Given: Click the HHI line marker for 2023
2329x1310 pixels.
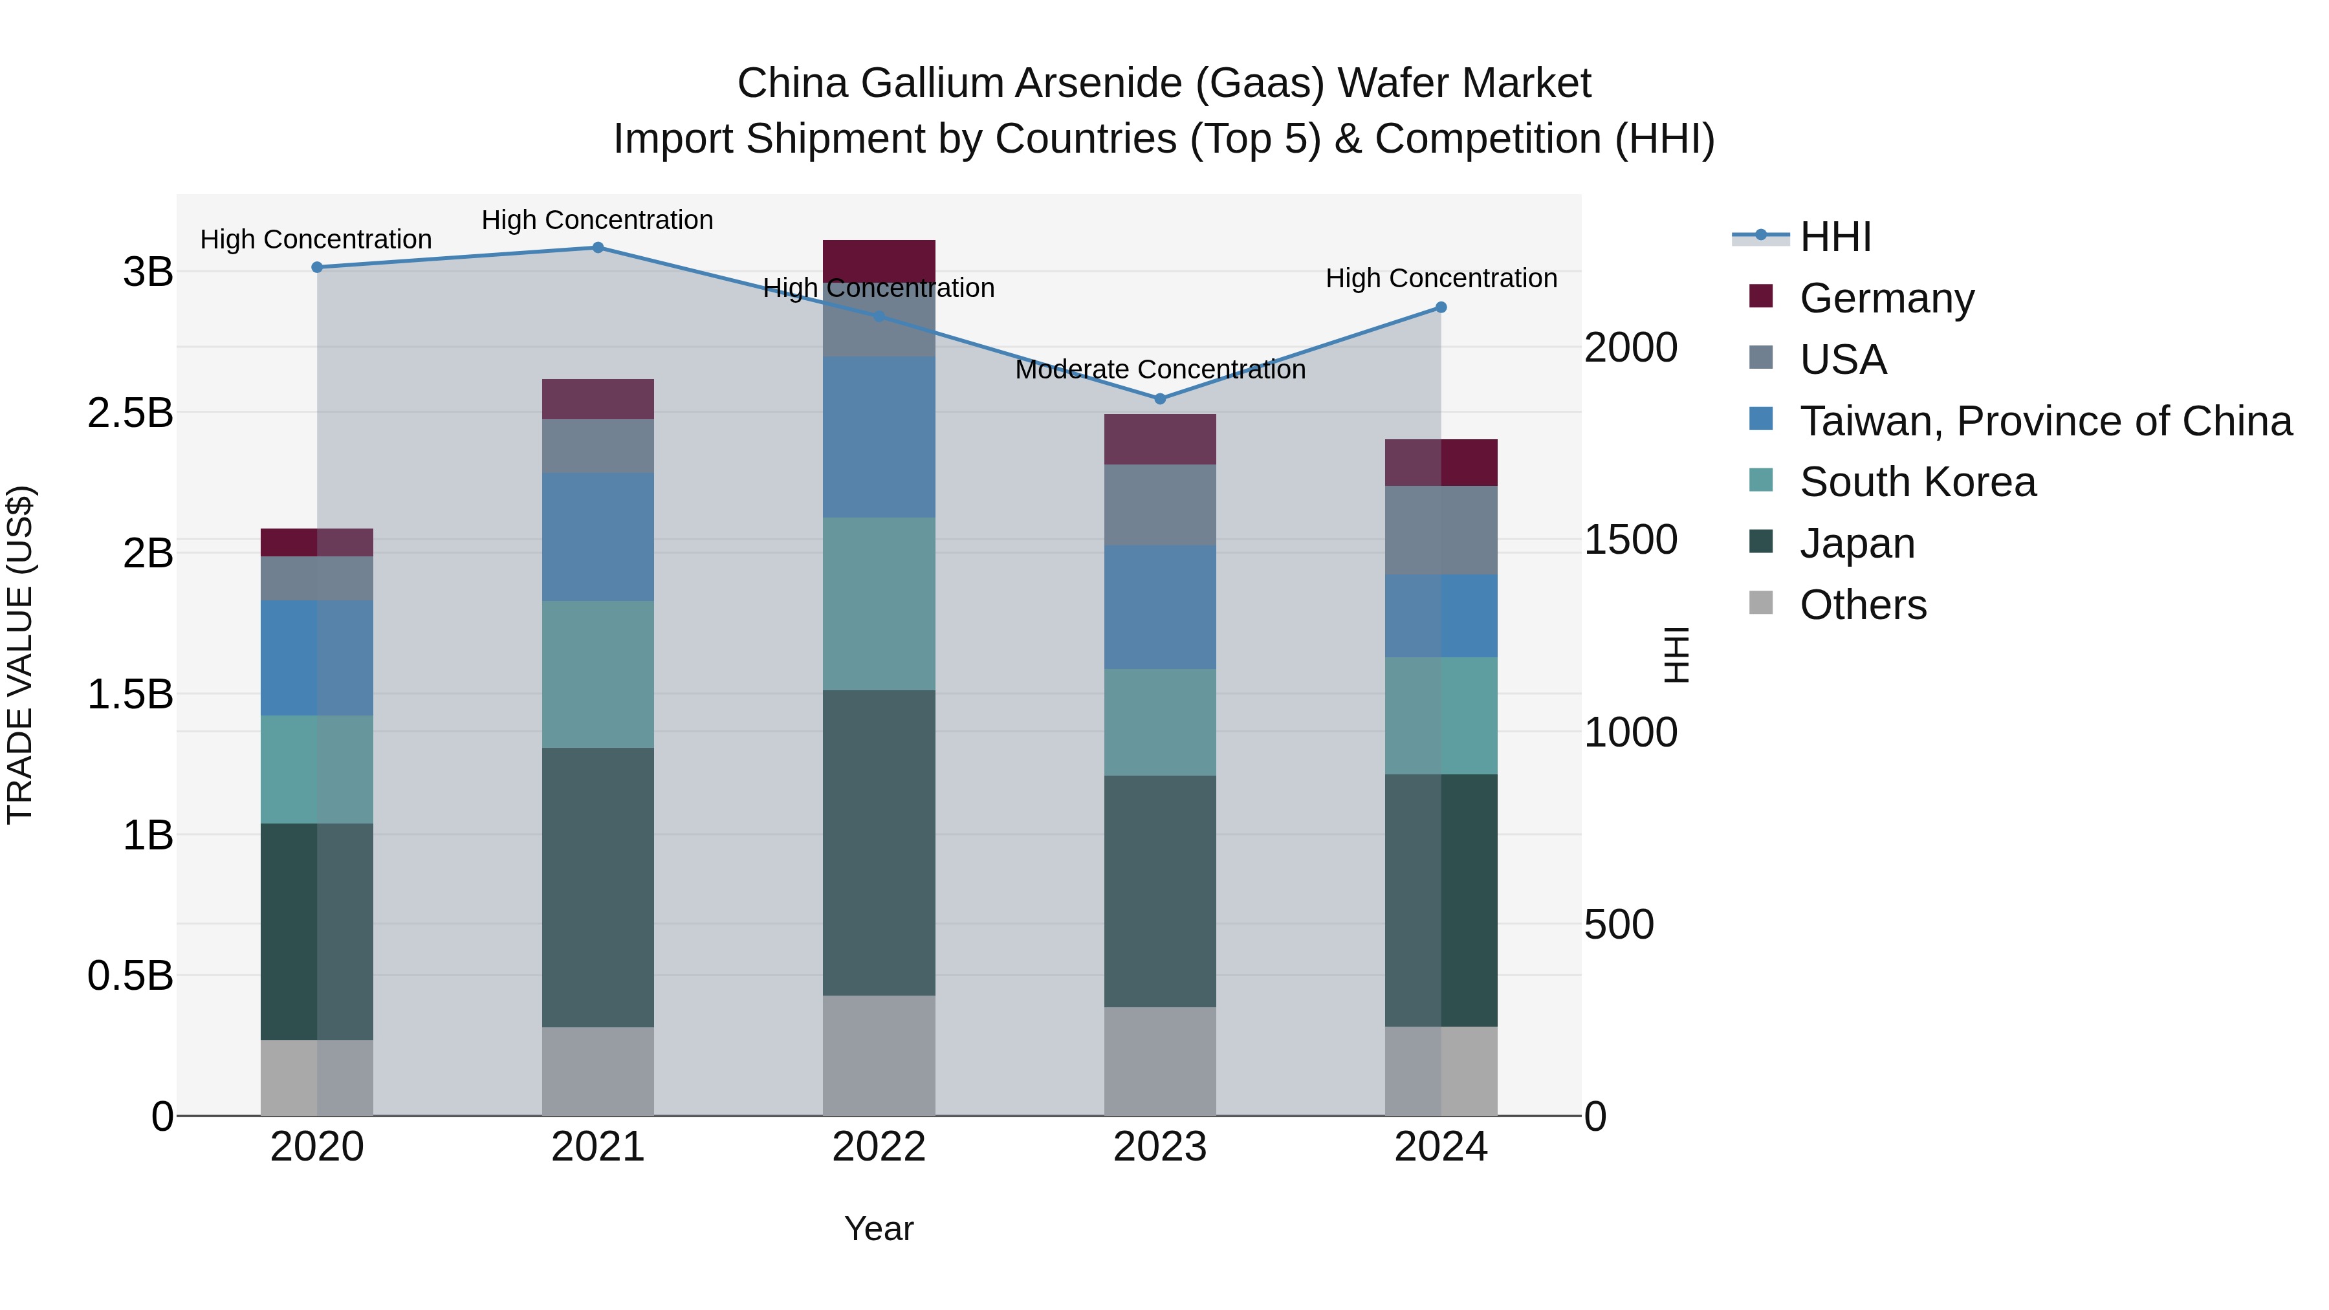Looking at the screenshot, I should pos(1160,398).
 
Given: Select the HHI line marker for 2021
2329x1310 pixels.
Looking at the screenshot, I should pos(598,247).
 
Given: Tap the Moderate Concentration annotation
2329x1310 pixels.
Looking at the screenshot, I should pos(1160,370).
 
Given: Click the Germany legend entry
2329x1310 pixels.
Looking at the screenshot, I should pos(1886,298).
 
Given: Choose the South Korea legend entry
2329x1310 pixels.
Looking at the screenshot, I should pos(1917,482).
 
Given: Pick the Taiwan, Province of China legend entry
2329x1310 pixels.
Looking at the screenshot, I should pos(2045,421).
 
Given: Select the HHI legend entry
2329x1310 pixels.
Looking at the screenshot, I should pos(1835,237).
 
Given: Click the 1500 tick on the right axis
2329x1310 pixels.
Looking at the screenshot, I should pos(1630,540).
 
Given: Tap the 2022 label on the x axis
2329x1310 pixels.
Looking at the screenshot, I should pos(879,1147).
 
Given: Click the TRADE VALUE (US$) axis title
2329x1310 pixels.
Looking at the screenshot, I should pos(20,655).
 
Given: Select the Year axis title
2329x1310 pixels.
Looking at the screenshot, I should pos(879,1228).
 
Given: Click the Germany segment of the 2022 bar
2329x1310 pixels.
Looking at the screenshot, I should pos(879,261).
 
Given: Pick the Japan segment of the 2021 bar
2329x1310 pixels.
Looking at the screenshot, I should pos(598,886).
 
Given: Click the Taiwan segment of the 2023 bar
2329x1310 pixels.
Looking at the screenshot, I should pos(1160,607).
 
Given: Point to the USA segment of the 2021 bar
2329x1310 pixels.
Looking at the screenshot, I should pos(598,446).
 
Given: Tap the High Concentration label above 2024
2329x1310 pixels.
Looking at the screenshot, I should pos(1441,278).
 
